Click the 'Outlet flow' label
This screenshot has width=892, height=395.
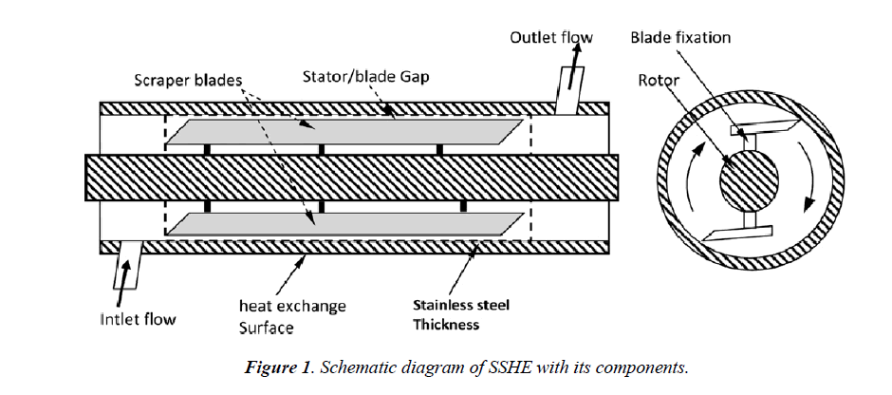click(551, 38)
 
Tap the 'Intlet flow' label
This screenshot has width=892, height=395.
click(138, 319)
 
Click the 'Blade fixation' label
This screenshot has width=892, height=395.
click(679, 38)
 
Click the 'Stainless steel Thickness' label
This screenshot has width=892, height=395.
click(460, 315)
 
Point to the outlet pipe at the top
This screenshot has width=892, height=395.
click(570, 90)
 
